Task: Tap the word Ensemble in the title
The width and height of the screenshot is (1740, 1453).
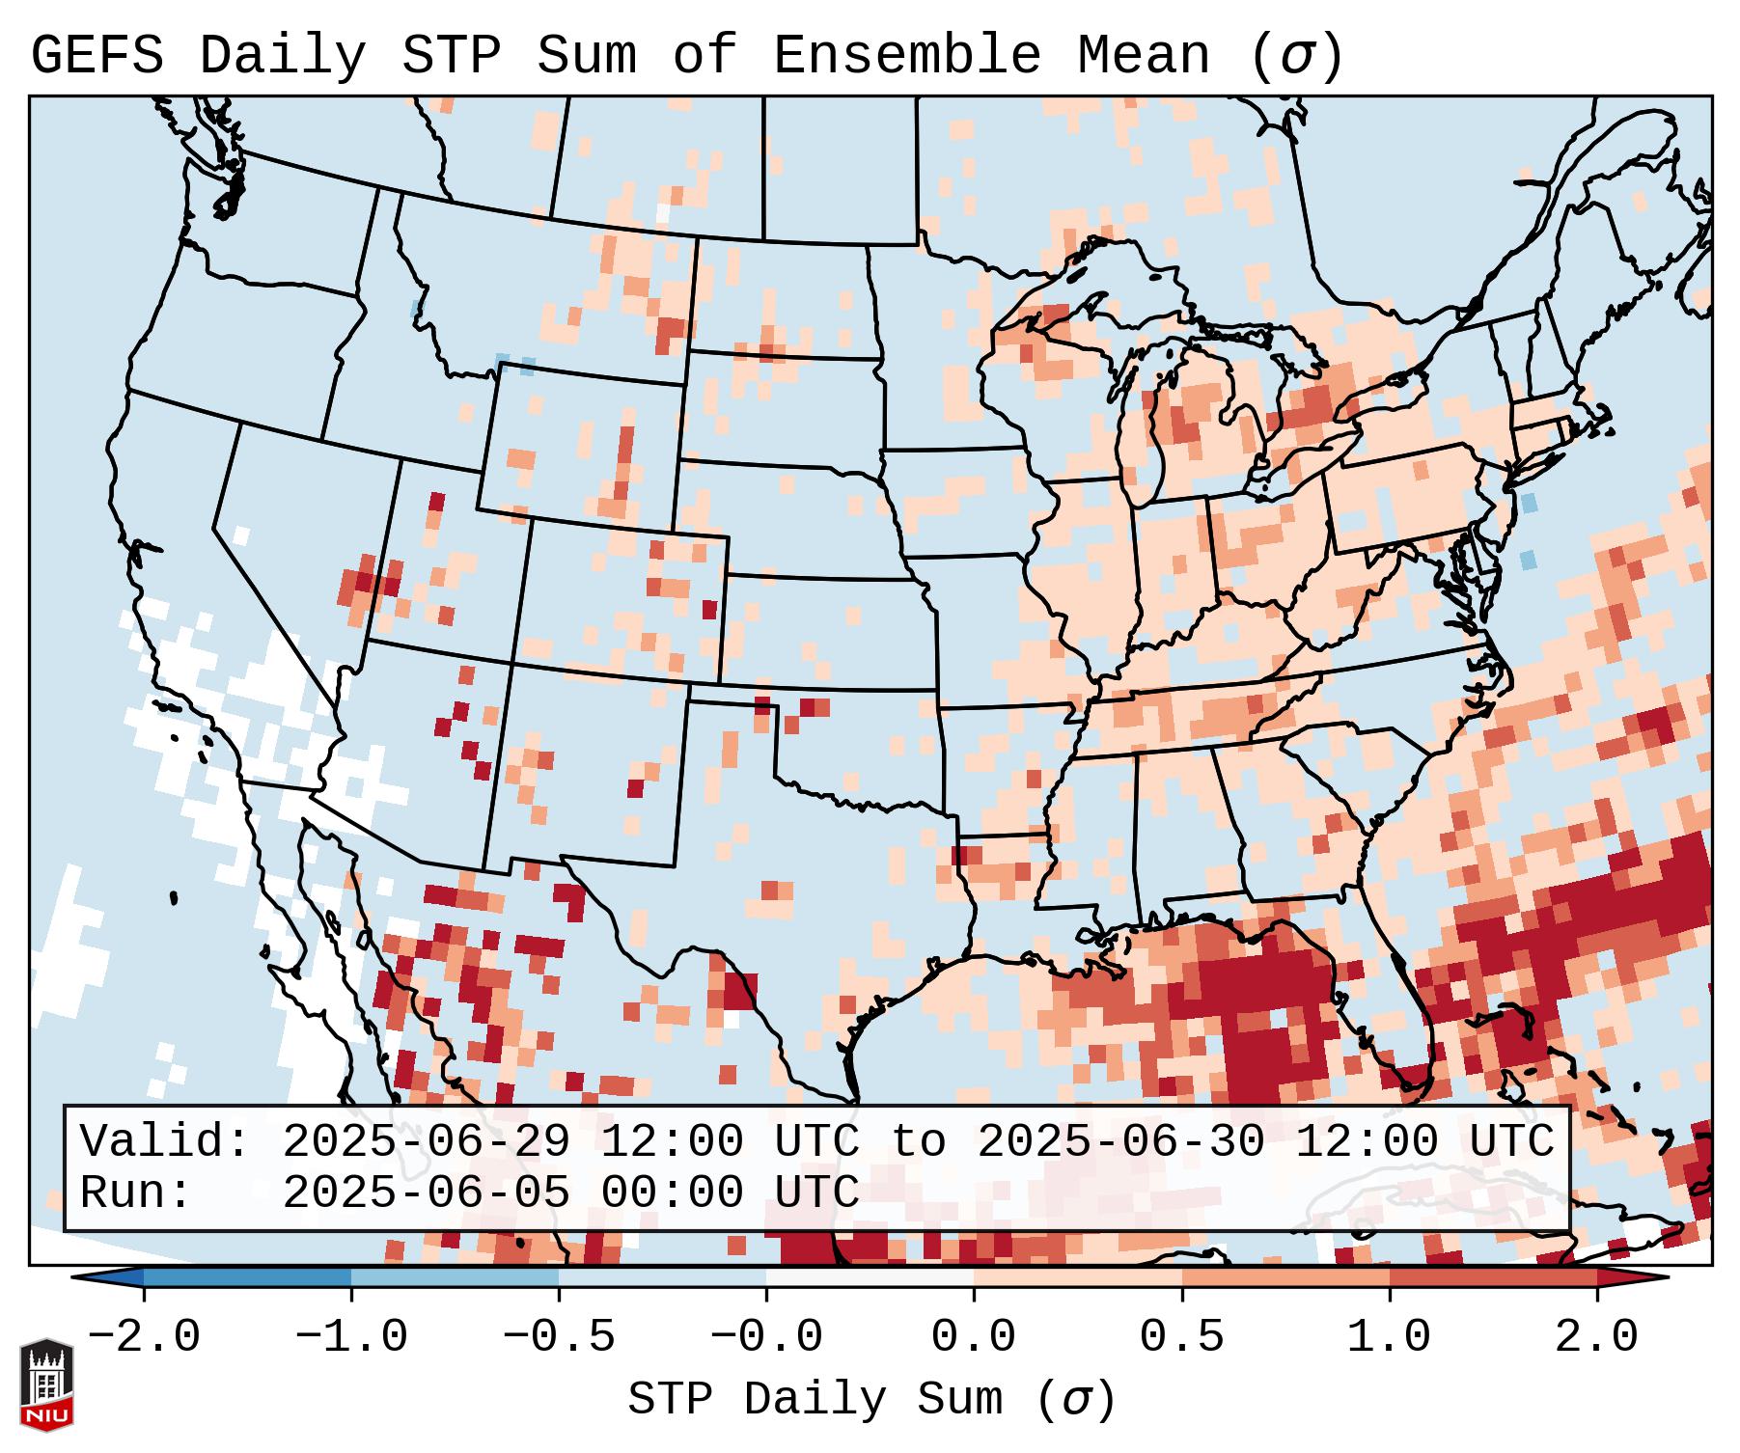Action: point(906,56)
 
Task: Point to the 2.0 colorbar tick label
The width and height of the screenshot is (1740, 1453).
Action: point(1597,1337)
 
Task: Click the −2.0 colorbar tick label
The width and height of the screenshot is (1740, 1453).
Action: point(144,1337)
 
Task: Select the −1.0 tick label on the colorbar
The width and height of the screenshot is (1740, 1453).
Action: point(351,1337)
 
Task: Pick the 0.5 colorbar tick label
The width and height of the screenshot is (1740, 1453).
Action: point(1182,1337)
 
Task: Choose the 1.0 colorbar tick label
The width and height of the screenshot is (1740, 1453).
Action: point(1390,1337)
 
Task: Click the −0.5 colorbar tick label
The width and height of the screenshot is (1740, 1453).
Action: point(559,1337)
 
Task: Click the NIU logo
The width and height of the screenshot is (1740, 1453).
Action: point(46,1384)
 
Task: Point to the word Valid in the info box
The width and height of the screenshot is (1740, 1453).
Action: point(163,1142)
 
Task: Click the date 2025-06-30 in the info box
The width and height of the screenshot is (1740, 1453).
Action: point(1120,1142)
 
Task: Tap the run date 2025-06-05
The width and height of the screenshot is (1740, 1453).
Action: point(426,1193)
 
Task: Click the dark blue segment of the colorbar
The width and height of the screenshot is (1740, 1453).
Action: point(247,1277)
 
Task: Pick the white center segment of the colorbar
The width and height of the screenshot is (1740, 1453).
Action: point(870,1277)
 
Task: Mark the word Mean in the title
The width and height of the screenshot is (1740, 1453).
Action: point(1143,56)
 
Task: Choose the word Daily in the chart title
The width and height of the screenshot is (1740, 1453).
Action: point(283,56)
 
